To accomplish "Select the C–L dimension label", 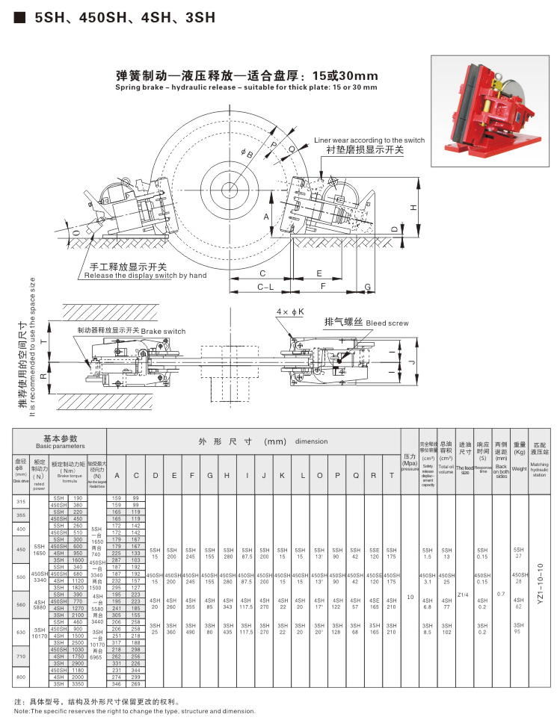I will coord(265,286).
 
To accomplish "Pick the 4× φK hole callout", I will coord(289,311).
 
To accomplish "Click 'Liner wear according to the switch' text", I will coord(369,140).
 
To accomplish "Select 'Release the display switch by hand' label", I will coord(145,276).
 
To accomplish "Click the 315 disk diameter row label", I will coord(20,502).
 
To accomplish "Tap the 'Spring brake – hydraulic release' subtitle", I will coord(246,87).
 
